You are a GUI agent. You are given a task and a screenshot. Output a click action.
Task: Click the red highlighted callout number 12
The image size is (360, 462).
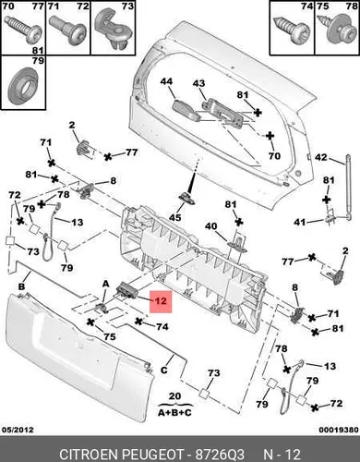(161, 301)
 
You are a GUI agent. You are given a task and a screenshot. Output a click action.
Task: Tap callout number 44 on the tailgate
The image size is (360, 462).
(166, 81)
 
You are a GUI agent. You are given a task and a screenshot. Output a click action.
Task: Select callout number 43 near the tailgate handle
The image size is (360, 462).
(198, 83)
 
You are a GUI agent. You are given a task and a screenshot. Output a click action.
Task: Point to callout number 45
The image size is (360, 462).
(175, 217)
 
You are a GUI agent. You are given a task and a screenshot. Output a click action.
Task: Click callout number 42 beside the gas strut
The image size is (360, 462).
(321, 157)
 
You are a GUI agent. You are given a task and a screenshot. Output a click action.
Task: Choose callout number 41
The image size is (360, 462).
(300, 222)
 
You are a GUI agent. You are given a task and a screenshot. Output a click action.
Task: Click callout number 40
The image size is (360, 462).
(211, 226)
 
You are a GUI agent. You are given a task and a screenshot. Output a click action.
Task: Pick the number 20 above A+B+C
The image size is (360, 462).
(174, 395)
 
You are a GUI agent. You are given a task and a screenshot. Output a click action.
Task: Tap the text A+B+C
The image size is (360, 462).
(174, 412)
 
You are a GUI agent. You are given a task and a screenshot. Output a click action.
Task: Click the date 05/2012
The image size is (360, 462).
(18, 430)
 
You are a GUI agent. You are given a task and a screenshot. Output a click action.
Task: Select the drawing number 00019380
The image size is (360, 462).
(339, 430)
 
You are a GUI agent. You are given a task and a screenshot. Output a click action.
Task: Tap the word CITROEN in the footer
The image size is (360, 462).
(89, 455)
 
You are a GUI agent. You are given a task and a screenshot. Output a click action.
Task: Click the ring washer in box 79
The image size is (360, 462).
(23, 86)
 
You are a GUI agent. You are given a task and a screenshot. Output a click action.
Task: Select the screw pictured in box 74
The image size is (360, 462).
(291, 32)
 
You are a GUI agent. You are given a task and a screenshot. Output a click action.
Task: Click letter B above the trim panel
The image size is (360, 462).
(21, 287)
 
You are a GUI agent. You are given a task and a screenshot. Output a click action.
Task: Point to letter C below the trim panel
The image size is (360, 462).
(164, 370)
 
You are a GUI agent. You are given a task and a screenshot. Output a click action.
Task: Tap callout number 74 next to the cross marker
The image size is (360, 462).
(162, 326)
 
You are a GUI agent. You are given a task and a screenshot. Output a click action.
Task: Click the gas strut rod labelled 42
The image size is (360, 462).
(349, 187)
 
